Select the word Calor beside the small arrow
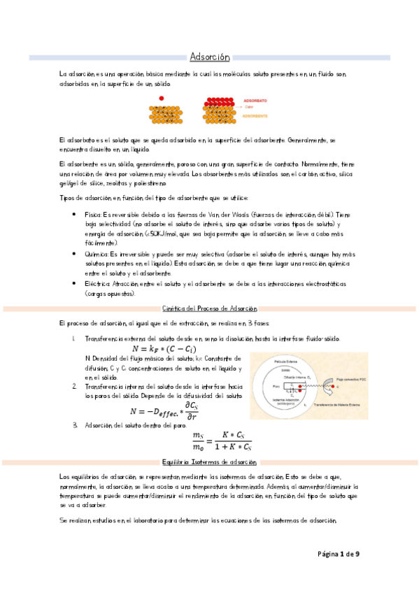(249, 108)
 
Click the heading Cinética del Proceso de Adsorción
(210, 308)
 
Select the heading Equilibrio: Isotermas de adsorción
(210, 463)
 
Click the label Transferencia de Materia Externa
(341, 406)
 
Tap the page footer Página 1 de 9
(339, 555)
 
